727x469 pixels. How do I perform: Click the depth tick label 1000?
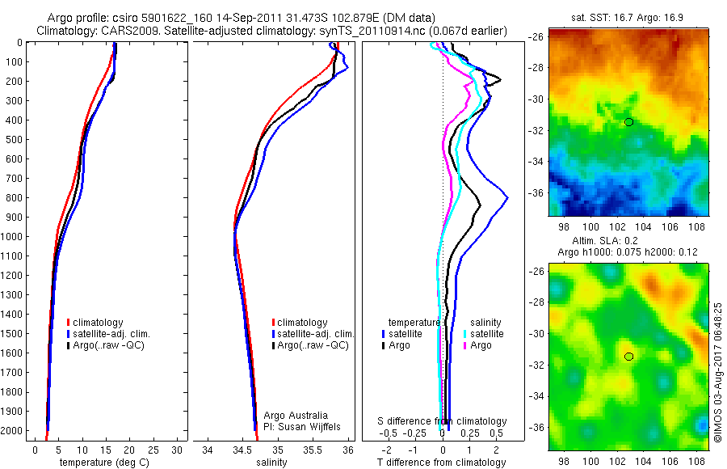[13, 237]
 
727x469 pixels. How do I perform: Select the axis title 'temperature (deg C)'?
[102, 463]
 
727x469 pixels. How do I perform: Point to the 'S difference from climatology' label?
[443, 421]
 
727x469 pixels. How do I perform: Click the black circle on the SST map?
[629, 121]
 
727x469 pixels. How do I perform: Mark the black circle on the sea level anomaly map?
[629, 356]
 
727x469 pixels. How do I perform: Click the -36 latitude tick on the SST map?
[536, 193]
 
